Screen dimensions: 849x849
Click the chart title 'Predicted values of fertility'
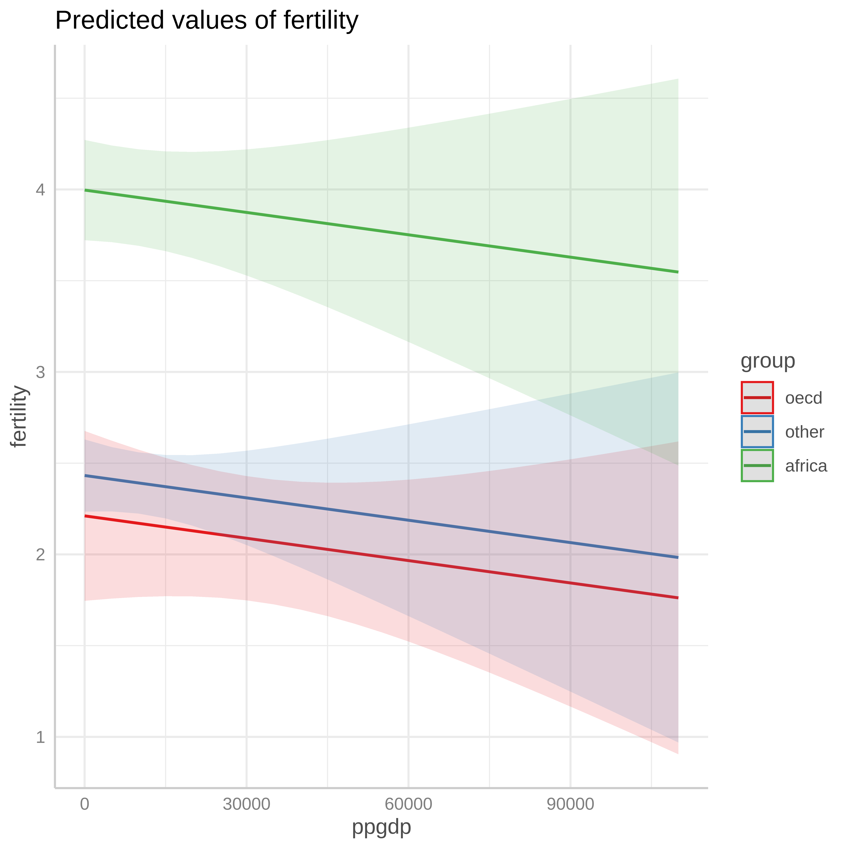pos(207,21)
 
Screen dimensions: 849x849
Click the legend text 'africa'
pos(806,466)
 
